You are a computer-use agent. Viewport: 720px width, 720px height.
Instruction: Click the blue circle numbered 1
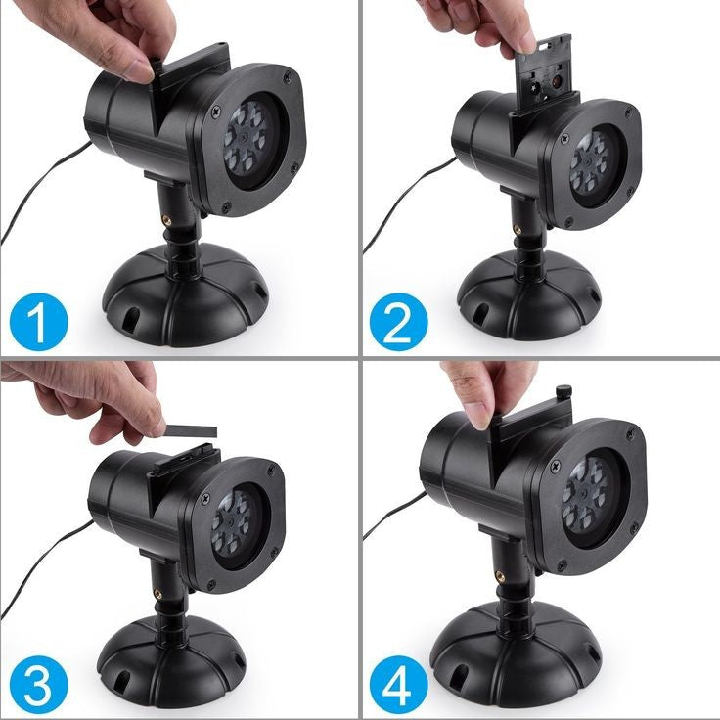[x=38, y=322]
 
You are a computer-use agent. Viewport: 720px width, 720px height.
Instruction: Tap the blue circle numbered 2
[x=398, y=322]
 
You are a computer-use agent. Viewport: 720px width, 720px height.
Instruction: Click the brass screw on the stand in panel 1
[x=166, y=220]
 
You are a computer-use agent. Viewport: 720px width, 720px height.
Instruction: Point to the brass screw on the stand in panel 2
[x=517, y=228]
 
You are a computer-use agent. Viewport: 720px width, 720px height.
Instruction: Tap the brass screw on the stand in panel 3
[x=157, y=593]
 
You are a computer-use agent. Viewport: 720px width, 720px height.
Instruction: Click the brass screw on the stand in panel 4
[x=500, y=575]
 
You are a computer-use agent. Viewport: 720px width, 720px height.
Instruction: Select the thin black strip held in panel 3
[x=190, y=430]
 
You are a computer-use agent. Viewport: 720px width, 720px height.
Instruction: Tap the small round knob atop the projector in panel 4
[x=563, y=391]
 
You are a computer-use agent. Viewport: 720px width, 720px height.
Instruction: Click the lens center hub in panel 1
[x=246, y=137]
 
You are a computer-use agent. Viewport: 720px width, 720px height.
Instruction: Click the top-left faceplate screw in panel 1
[x=216, y=111]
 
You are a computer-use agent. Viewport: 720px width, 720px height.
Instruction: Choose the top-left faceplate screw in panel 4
[x=555, y=466]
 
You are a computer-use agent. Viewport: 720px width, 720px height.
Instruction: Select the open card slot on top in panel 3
[x=186, y=458]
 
